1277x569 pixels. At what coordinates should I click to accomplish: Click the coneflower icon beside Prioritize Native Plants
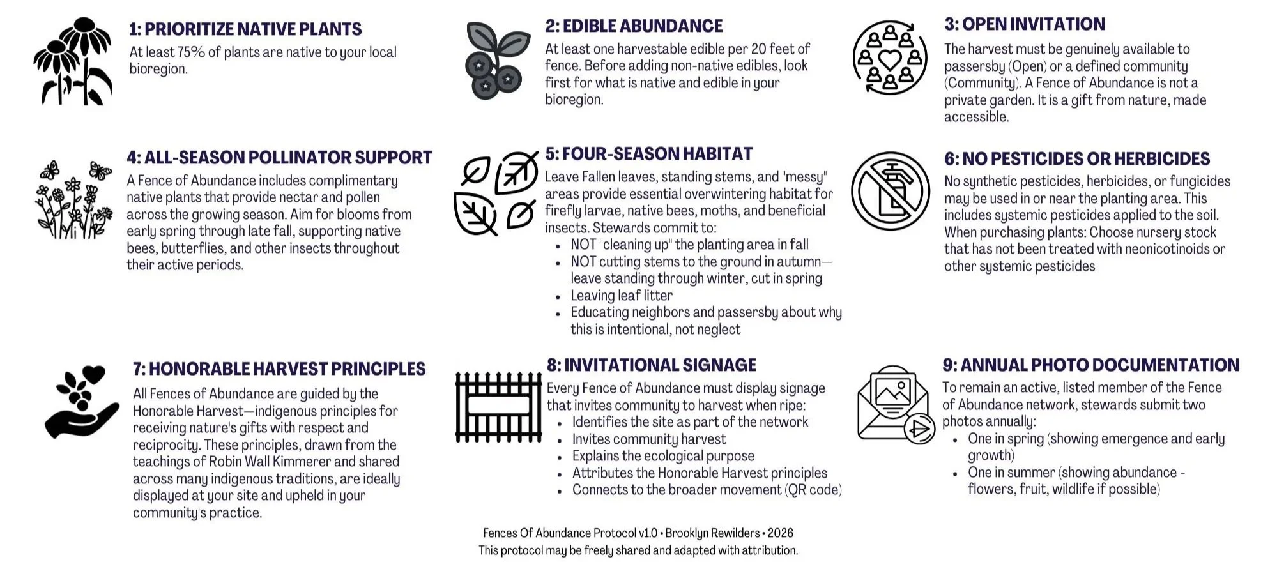tap(73, 62)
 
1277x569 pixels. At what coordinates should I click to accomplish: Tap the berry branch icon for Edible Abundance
tap(497, 61)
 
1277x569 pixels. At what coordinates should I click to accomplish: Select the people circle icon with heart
tap(890, 58)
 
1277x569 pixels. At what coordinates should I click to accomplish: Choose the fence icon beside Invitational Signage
tap(498, 406)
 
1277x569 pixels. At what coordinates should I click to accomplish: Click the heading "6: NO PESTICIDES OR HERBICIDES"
tap(1077, 158)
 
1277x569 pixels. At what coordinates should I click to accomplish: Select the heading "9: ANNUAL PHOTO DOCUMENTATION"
tap(1090, 365)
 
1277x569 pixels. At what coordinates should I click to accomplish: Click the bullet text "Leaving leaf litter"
tap(621, 296)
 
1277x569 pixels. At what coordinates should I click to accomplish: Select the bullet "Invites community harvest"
tap(648, 439)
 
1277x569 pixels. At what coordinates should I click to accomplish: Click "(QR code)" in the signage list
tap(813, 490)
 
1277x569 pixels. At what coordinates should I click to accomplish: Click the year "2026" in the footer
tap(780, 533)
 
